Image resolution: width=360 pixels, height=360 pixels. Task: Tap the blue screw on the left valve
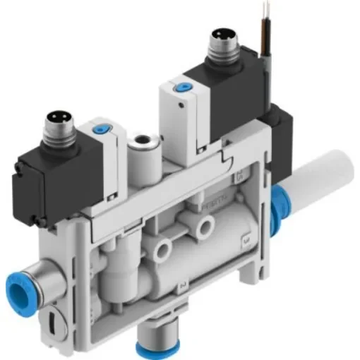[x=97, y=131]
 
